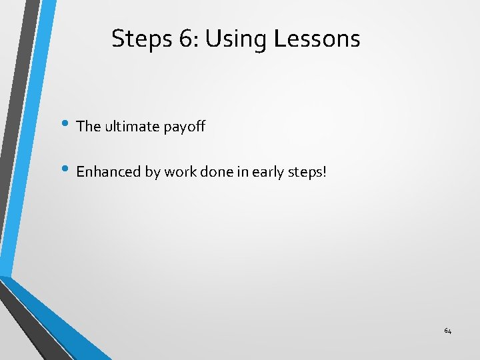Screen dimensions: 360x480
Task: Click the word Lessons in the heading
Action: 317,39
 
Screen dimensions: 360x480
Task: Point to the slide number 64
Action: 447,331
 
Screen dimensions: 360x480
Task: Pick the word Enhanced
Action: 109,171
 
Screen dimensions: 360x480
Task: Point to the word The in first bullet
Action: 88,125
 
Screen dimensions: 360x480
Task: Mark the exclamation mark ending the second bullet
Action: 325,171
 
